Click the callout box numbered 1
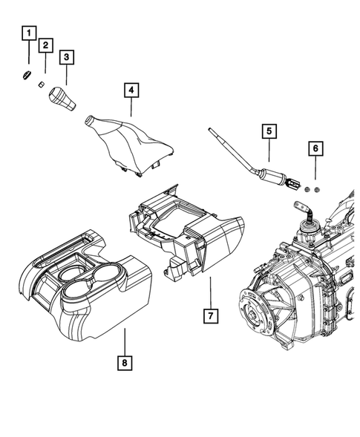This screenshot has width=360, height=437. pyautogui.click(x=28, y=33)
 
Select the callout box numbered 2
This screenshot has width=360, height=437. pyautogui.click(x=46, y=45)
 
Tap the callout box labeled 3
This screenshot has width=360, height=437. pyautogui.click(x=67, y=56)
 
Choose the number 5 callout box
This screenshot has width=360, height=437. pyautogui.click(x=268, y=133)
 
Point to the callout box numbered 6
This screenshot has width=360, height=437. pyautogui.click(x=315, y=148)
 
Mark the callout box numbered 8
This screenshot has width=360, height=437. pyautogui.click(x=125, y=363)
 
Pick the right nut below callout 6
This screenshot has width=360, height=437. pyautogui.click(x=318, y=191)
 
